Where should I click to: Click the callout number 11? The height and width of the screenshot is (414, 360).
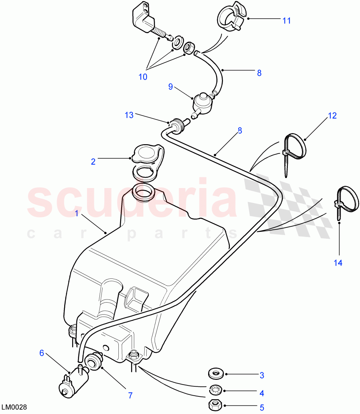pyautogui.click(x=286, y=21)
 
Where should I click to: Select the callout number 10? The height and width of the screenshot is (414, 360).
pyautogui.click(x=143, y=77)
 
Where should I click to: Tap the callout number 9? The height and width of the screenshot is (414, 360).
pyautogui.click(x=171, y=87)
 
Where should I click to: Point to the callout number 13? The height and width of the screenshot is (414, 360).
pyautogui.click(x=129, y=115)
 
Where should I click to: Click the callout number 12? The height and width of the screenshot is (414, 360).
pyautogui.click(x=332, y=116)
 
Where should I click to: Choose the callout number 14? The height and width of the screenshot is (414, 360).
pyautogui.click(x=338, y=263)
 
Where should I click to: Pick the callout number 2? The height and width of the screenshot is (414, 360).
pyautogui.click(x=93, y=161)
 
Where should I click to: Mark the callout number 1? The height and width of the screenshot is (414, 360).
pyautogui.click(x=77, y=214)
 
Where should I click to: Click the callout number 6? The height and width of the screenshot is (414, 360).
pyautogui.click(x=42, y=353)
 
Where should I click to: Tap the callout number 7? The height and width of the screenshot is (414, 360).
pyautogui.click(x=130, y=395)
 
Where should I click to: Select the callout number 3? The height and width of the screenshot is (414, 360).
pyautogui.click(x=262, y=375)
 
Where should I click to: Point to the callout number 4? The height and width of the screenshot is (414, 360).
pyautogui.click(x=262, y=393)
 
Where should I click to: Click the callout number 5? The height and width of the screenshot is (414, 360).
pyautogui.click(x=262, y=408)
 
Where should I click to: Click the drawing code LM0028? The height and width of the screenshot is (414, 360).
pyautogui.click(x=14, y=407)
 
